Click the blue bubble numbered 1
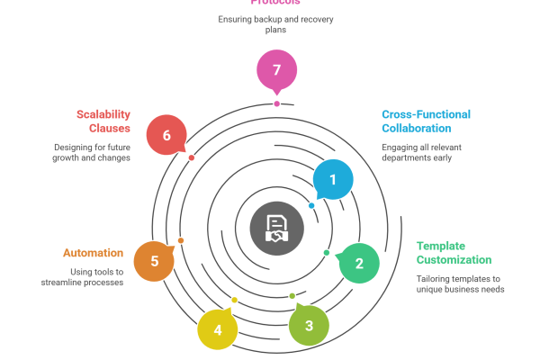point(333,180)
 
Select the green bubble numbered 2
point(359,264)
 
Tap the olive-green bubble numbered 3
point(309,325)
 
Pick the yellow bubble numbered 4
point(218,330)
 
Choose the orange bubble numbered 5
point(154,261)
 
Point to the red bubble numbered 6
point(166,135)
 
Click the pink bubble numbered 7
point(276,70)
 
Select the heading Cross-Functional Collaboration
point(426,121)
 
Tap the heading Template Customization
point(441,252)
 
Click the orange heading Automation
point(93,253)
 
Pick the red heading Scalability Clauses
point(103,121)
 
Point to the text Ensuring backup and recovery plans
point(276,23)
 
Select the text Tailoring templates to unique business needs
point(460,283)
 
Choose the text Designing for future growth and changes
point(92,151)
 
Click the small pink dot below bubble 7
point(276,103)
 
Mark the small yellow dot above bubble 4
point(235,300)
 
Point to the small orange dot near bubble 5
point(181,240)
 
